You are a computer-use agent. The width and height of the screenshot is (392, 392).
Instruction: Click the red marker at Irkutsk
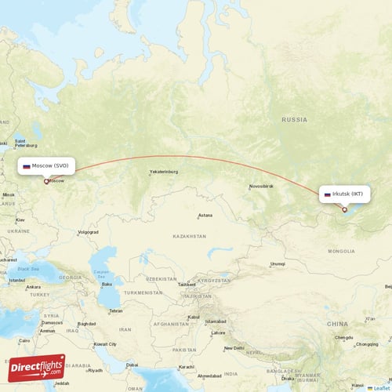(x=344, y=209)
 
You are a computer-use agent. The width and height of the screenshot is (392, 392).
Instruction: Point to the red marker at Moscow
(x=46, y=181)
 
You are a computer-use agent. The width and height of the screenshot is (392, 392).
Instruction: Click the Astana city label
(x=205, y=215)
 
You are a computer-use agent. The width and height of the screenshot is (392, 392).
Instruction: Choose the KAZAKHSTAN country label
(x=189, y=236)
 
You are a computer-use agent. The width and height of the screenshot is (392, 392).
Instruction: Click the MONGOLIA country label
(x=341, y=251)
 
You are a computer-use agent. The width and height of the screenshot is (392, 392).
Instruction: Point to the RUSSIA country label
(x=295, y=120)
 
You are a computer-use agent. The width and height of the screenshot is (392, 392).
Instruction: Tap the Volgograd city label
(x=88, y=232)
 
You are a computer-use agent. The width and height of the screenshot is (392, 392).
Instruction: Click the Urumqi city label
(x=278, y=264)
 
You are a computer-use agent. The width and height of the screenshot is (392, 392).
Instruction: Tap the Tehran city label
(x=115, y=310)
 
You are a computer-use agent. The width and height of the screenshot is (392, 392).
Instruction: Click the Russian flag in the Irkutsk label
(x=327, y=194)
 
